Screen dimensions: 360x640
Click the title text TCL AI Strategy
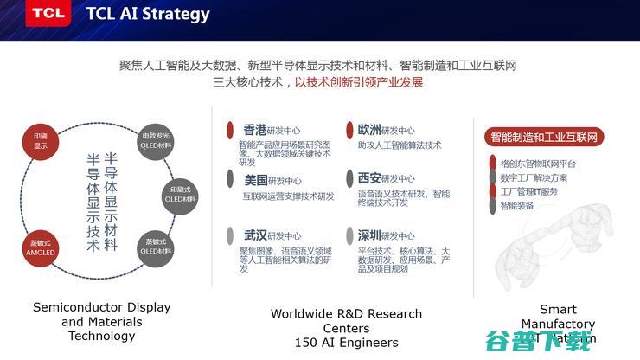click(x=148, y=14)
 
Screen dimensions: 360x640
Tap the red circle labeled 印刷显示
click(x=41, y=141)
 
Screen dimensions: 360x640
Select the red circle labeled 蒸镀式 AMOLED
click(x=41, y=247)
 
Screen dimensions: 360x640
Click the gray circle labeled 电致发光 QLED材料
click(x=157, y=140)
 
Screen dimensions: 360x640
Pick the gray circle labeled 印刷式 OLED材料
click(x=182, y=194)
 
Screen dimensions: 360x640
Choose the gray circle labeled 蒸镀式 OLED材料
click(x=157, y=246)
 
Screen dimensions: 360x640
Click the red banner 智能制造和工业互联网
click(x=544, y=137)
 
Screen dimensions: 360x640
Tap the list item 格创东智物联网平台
click(x=538, y=164)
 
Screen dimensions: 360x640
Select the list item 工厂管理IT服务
click(x=529, y=191)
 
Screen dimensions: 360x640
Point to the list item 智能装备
click(x=517, y=205)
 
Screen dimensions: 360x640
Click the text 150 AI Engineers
click(x=346, y=343)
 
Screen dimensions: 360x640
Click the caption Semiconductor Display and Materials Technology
click(x=101, y=321)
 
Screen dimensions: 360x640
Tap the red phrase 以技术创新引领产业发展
click(x=359, y=83)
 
